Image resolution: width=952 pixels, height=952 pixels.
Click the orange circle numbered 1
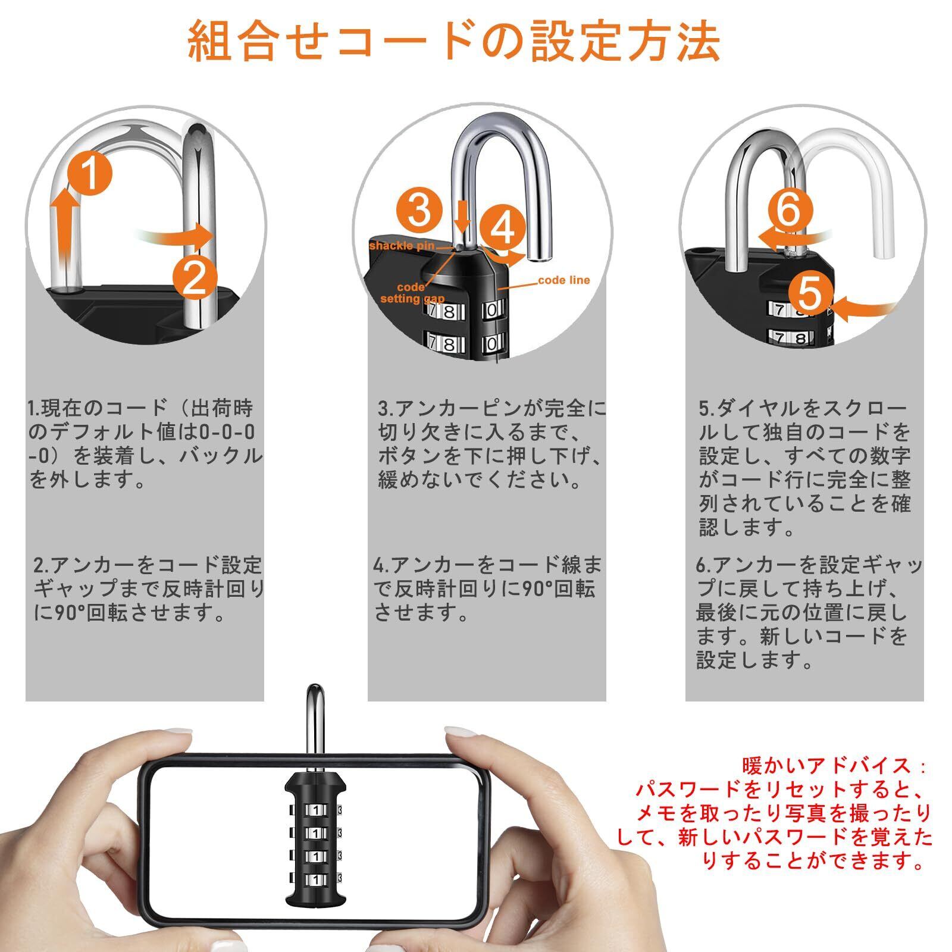point(89,173)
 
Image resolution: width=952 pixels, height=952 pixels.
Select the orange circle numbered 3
point(419,211)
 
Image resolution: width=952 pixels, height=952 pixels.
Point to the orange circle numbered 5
point(810,292)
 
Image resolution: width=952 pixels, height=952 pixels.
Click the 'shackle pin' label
point(402,246)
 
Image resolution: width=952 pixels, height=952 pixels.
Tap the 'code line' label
point(563,280)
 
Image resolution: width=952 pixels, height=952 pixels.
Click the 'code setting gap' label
point(412,293)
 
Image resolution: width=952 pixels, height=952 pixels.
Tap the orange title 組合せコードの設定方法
point(453,40)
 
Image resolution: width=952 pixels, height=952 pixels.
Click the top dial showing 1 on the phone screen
point(315,810)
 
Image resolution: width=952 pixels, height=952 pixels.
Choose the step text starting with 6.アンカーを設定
point(809,612)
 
